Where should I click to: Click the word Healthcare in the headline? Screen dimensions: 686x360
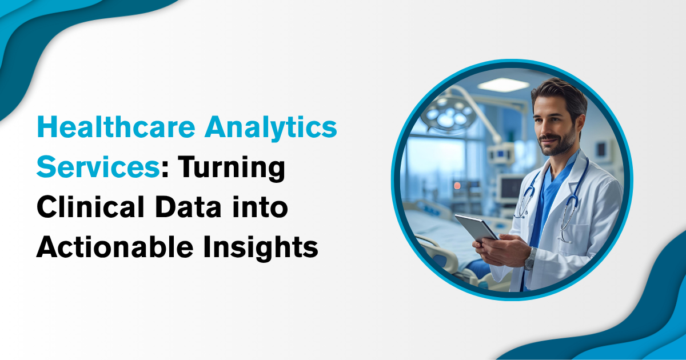tap(116, 127)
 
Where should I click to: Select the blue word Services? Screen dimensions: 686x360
tap(98, 166)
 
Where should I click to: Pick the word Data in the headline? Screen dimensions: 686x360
tap(188, 207)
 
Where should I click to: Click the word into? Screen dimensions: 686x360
tap(260, 207)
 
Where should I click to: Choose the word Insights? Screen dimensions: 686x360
tap(261, 248)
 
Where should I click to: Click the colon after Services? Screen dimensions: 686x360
tap(165, 170)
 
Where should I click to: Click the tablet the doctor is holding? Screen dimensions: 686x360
tap(476, 228)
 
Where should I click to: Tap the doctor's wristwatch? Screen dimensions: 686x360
tap(530, 259)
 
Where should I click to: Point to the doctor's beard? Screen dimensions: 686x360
tap(558, 143)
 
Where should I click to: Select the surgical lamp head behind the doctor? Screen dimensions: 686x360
tap(448, 114)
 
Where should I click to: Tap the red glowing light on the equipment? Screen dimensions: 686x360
tap(457, 186)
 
